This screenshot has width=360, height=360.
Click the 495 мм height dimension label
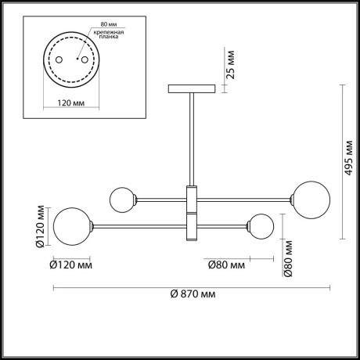coord(348,158)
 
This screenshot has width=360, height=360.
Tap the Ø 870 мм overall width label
coord(193,294)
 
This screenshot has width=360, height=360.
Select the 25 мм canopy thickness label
coord(230,65)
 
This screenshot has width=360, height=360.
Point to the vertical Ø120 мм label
coord(40,226)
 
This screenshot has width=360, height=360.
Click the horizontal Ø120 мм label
coord(70,265)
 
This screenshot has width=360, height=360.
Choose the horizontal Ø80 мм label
coord(226,265)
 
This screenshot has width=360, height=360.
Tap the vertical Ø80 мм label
coord(288,258)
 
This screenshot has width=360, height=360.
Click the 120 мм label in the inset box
coord(71,103)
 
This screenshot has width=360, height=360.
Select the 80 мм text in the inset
coord(109,24)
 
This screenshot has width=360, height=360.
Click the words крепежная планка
coord(109,34)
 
